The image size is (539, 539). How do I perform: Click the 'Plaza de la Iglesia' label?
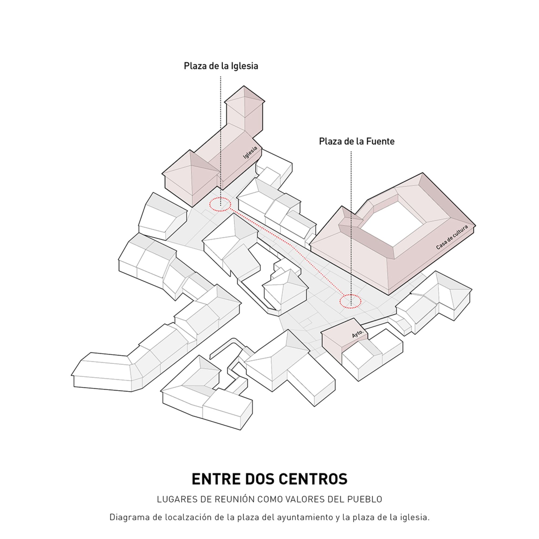click(x=221, y=66)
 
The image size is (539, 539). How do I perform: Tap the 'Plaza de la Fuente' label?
click(x=357, y=141)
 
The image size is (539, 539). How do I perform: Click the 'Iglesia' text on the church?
click(x=250, y=153)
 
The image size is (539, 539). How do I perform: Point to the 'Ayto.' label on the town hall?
click(x=357, y=334)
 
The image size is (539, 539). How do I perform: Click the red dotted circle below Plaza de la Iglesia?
click(x=220, y=204)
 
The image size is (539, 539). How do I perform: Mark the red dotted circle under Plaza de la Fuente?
click(x=350, y=301)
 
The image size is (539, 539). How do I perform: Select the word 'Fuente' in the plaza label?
click(x=380, y=141)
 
